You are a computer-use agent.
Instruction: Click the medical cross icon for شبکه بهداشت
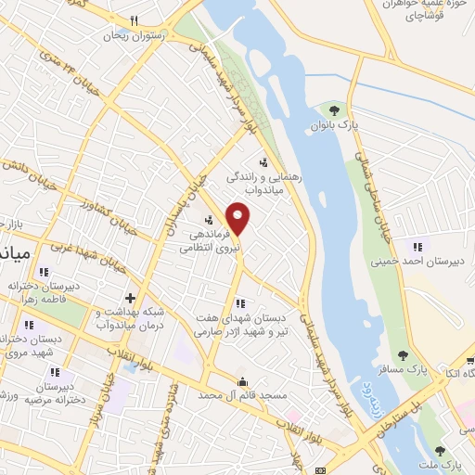coord(130,299)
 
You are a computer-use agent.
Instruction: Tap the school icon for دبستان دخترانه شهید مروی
coord(28,326)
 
